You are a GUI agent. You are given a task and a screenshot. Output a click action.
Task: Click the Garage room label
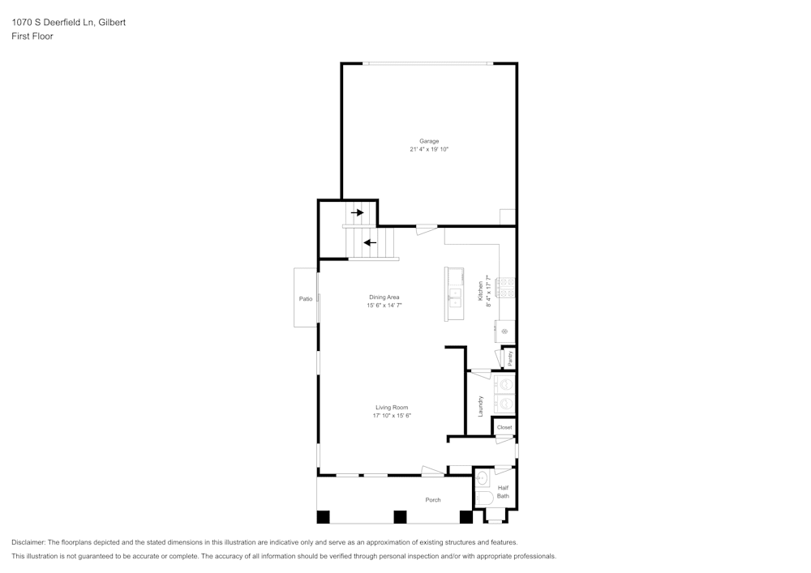tap(429, 141)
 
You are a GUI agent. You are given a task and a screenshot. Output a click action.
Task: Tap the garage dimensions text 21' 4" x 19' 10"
tap(429, 150)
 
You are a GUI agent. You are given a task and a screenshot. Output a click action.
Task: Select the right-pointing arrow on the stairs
tap(357, 212)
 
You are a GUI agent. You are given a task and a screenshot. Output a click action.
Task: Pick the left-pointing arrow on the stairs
tap(370, 242)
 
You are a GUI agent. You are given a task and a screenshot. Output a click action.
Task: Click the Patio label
tap(306, 299)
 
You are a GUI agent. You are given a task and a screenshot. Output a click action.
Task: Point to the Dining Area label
tap(384, 297)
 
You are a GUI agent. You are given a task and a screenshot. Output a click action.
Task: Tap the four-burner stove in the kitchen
tap(505, 286)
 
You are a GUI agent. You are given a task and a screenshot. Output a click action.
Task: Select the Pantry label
tap(510, 357)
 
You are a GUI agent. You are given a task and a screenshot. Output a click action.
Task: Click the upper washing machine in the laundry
tap(505, 384)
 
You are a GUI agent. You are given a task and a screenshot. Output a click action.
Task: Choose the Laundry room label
tap(481, 406)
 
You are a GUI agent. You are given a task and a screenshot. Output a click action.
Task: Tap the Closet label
tap(504, 427)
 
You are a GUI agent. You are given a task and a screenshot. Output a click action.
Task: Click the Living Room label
tap(392, 407)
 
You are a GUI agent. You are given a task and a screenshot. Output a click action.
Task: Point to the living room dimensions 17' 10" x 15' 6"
tap(392, 416)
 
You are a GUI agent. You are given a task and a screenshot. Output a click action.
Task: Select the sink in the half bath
tap(481, 477)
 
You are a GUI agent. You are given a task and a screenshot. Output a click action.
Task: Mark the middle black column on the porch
tap(399, 516)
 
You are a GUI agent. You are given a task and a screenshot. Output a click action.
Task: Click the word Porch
tap(433, 500)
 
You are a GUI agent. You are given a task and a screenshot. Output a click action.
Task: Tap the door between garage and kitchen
tap(426, 229)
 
